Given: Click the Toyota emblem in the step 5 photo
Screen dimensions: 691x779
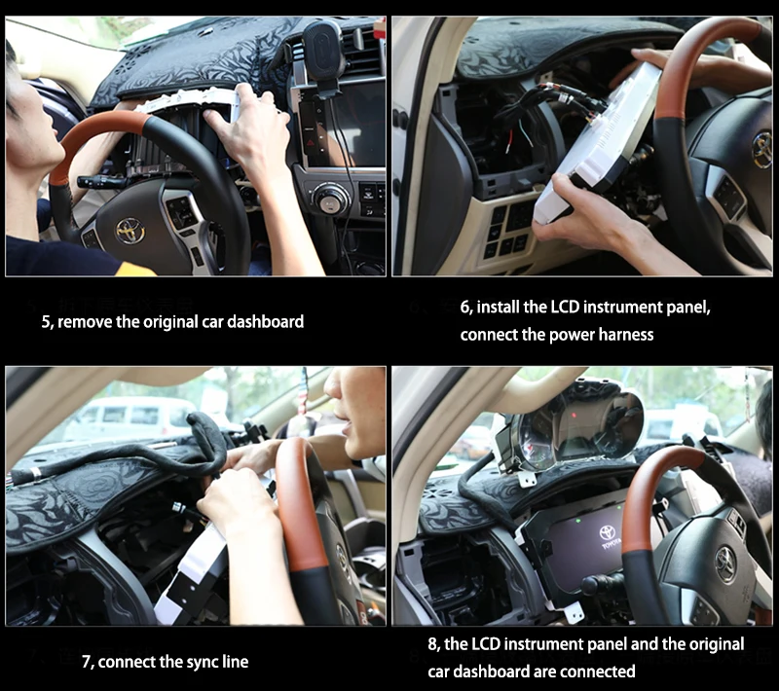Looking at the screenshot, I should pyautogui.click(x=130, y=231).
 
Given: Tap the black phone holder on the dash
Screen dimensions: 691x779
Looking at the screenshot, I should pyautogui.click(x=323, y=49).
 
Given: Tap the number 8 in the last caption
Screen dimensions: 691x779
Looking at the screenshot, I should pyautogui.click(x=432, y=644).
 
